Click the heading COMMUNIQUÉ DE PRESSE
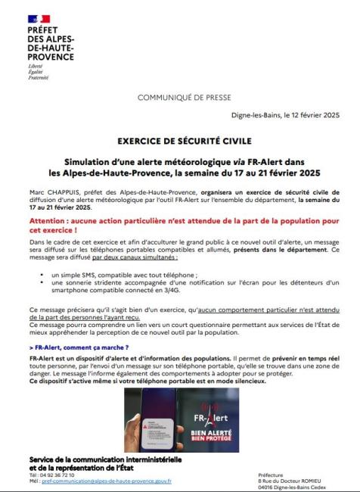coord(180,98)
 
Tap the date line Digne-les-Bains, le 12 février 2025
coord(284,115)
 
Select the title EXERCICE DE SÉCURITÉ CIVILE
coord(180,141)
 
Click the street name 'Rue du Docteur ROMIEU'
coord(291,481)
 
